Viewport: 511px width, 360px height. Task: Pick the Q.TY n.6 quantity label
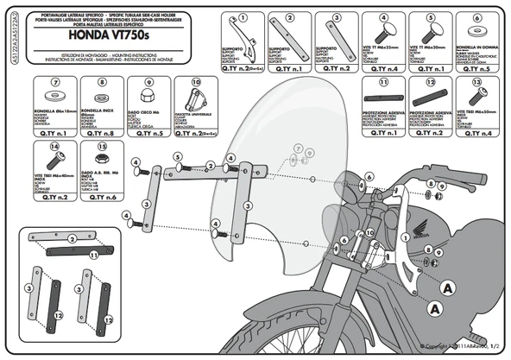click(x=101, y=198)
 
